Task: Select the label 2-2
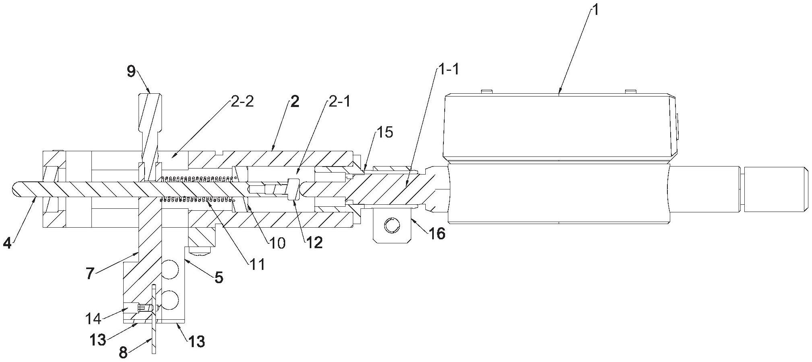pos(242,103)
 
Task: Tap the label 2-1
pos(339,102)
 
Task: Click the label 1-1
pos(447,70)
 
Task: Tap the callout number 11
pos(256,264)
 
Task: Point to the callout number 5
pos(219,277)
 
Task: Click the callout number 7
pos(90,274)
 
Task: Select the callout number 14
pos(93,319)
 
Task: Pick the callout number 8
pos(123,353)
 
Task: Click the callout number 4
pos(6,243)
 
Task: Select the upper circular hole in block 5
pos(170,269)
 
